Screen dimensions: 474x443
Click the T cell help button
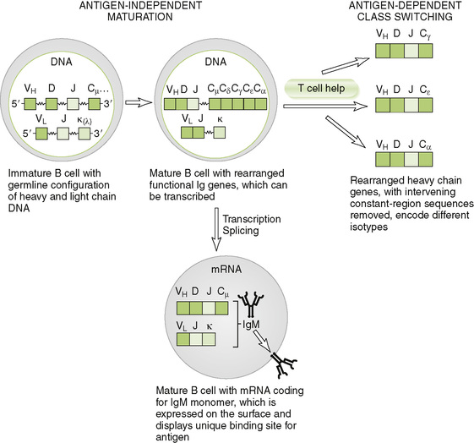pos(322,88)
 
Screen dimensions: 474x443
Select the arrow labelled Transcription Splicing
pos(216,229)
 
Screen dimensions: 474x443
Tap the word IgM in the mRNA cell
pos(251,325)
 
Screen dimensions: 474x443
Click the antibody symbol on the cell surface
pos(284,364)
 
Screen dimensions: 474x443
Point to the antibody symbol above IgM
pos(251,304)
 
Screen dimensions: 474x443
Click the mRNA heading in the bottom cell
pos(226,269)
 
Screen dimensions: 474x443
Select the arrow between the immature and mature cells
pos(139,103)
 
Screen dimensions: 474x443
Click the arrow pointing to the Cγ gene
pos(346,65)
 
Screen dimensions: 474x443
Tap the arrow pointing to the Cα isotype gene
pos(346,132)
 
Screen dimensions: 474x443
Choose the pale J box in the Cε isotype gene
pos(411,105)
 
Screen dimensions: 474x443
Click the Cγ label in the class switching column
pos(425,34)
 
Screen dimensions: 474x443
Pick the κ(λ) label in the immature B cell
pos(84,120)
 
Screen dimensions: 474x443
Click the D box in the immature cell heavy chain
pos(52,104)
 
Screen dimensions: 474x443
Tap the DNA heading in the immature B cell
pos(62,62)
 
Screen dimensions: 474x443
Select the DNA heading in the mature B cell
pos(215,62)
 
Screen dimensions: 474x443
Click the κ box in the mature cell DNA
pos(220,133)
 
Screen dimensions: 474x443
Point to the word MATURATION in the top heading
pos(140,17)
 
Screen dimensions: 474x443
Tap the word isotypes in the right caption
pos(368,227)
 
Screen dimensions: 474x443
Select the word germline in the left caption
pos(29,185)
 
